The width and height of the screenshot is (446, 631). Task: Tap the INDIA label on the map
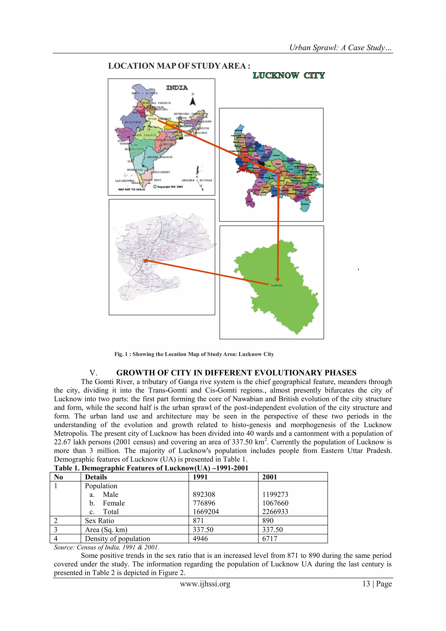pyautogui.click(x=177, y=88)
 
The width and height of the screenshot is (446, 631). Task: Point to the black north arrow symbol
pyautogui.click(x=193, y=102)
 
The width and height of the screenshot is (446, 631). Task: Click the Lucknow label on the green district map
pyautogui.click(x=277, y=285)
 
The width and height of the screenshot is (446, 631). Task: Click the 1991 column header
pyautogui.click(x=200, y=477)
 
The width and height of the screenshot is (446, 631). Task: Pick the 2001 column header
pyautogui.click(x=269, y=477)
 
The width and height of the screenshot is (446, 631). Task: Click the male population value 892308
pyautogui.click(x=204, y=494)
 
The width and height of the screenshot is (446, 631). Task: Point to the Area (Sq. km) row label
pyautogui.click(x=106, y=530)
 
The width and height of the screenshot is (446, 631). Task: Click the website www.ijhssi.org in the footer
pyautogui.click(x=205, y=584)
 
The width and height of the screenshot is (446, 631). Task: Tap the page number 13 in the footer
pyautogui.click(x=366, y=584)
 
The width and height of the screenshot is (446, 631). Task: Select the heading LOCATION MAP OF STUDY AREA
pyautogui.click(x=179, y=66)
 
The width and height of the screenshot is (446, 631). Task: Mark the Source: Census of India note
pyautogui.click(x=106, y=547)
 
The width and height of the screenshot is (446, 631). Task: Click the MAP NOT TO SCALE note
pyautogui.click(x=131, y=189)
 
